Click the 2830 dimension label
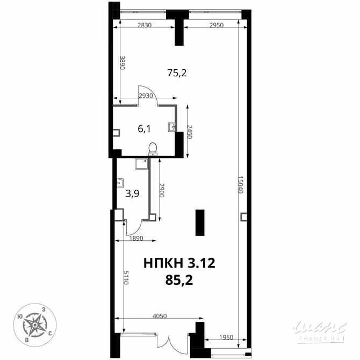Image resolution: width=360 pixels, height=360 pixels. (x=145, y=25)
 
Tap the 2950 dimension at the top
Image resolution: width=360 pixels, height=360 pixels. (x=217, y=25)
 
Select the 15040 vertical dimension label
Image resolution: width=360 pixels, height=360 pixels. (x=240, y=185)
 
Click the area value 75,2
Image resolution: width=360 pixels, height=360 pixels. (x=177, y=73)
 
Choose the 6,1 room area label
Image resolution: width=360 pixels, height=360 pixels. (x=144, y=129)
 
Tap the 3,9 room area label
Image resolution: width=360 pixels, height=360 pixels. (x=133, y=194)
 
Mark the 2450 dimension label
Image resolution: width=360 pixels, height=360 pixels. (x=189, y=132)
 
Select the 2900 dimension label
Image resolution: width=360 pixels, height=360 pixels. (x=162, y=190)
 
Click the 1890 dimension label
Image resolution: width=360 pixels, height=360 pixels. (x=136, y=239)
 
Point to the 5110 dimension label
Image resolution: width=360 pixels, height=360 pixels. (x=126, y=277)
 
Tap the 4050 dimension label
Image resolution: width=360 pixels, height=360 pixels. (x=160, y=316)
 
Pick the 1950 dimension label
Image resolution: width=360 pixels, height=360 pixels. (x=226, y=337)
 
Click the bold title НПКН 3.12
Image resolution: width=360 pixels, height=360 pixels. (x=179, y=263)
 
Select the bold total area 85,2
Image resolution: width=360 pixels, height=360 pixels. (x=179, y=280)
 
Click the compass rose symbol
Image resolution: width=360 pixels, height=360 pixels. (x=35, y=325)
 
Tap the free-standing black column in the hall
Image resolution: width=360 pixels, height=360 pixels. (x=200, y=222)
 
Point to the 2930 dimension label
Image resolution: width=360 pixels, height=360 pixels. (x=145, y=96)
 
